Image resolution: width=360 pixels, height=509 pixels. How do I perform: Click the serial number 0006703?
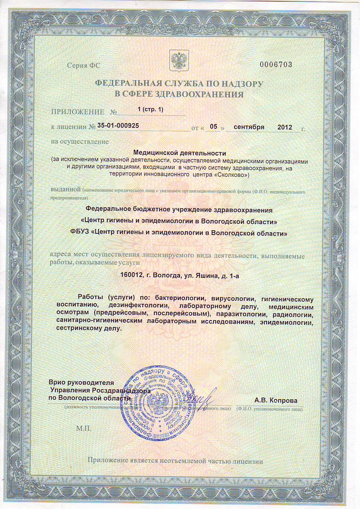pyautogui.click(x=275, y=64)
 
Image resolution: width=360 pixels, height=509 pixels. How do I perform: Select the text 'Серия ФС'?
pyautogui.click(x=84, y=65)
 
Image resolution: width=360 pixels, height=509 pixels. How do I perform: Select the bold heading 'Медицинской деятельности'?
pyautogui.click(x=180, y=153)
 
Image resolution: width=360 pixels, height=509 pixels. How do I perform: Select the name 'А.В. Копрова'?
pyautogui.click(x=276, y=400)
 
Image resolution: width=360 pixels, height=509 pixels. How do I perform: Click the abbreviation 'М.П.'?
pyautogui.click(x=83, y=428)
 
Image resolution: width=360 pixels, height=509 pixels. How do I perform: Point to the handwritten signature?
pyautogui.click(x=201, y=397)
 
